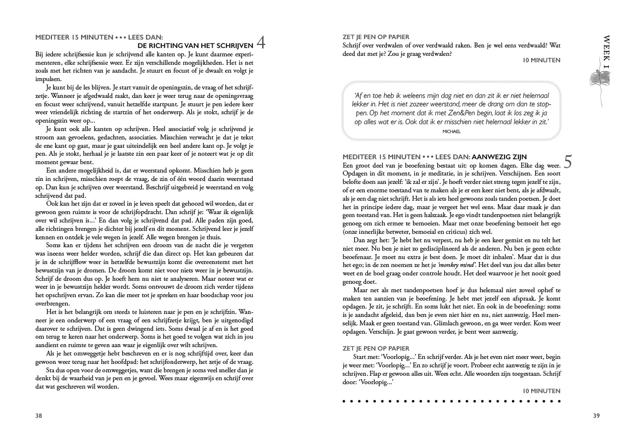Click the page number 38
(39, 416)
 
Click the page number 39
(596, 416)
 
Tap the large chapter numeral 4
(261, 43)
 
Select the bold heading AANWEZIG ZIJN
(499, 157)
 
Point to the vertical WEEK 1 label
(607, 52)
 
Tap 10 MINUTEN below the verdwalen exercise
(542, 60)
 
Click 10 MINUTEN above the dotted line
(542, 391)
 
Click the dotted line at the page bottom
(452, 401)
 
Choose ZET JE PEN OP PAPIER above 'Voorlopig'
(376, 349)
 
